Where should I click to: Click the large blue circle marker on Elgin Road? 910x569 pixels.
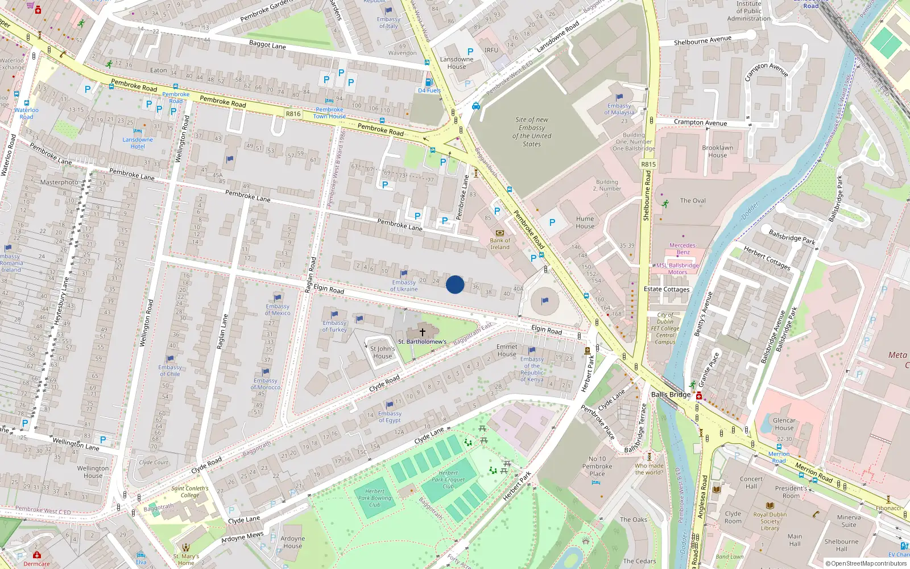pos(454,284)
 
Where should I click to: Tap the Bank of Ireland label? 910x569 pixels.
pos(500,244)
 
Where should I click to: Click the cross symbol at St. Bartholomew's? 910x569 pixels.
pos(423,332)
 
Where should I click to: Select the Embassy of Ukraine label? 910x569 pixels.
pos(404,286)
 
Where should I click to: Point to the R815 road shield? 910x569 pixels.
pos(648,164)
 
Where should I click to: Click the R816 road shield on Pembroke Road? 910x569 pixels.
pos(293,114)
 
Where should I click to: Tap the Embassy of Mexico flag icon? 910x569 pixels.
pos(278,298)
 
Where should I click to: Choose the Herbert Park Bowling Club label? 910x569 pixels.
pos(375,498)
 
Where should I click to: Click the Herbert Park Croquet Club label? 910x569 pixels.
pos(448,480)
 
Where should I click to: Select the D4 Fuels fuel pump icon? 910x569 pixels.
pos(429,82)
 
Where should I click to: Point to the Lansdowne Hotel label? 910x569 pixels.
pos(138,143)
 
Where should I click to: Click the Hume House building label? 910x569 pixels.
pos(585,222)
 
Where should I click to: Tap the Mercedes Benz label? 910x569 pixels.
pos(682,249)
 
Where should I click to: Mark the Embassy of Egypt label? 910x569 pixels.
pos(390,417)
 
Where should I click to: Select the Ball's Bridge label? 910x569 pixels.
pos(671,394)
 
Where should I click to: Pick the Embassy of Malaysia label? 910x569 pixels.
pos(619,109)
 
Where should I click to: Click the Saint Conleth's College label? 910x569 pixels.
pos(190,492)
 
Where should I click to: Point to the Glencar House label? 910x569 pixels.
pos(784,424)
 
